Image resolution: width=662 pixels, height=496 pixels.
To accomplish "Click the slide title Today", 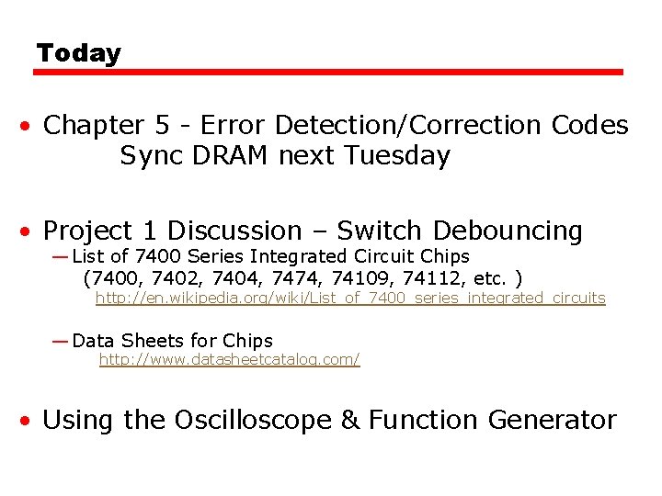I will (78, 53).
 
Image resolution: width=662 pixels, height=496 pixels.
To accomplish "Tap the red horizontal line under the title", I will (330, 72).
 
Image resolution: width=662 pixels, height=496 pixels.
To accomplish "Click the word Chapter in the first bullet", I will (94, 125).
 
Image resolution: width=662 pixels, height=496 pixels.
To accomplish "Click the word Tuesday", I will (397, 156).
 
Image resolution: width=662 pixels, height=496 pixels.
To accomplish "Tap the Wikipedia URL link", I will (350, 298).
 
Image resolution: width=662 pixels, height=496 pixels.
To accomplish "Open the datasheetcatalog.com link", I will (229, 359).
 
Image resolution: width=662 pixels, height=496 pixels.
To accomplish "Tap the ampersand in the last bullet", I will (350, 420).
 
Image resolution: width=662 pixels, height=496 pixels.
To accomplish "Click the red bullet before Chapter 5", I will (30, 126).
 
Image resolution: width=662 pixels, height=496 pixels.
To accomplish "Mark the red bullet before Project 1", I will (30, 231).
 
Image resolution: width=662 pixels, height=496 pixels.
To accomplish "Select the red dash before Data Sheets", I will (60, 341).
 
